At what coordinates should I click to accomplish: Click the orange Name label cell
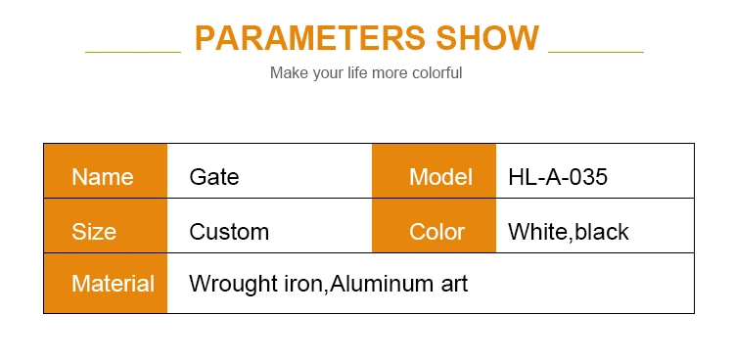(x=105, y=177)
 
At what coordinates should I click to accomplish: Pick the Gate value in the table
(x=214, y=177)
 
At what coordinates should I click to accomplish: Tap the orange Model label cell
(x=434, y=177)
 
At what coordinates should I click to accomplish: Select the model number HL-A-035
(x=558, y=177)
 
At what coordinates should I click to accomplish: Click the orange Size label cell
(x=105, y=232)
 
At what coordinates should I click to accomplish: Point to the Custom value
(x=229, y=232)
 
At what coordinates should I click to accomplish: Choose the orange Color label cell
(x=434, y=232)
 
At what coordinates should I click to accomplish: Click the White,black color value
(x=569, y=232)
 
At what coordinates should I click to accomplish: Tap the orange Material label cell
(x=105, y=285)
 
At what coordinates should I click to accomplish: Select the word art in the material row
(x=453, y=285)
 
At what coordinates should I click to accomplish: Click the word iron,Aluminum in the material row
(x=355, y=285)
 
